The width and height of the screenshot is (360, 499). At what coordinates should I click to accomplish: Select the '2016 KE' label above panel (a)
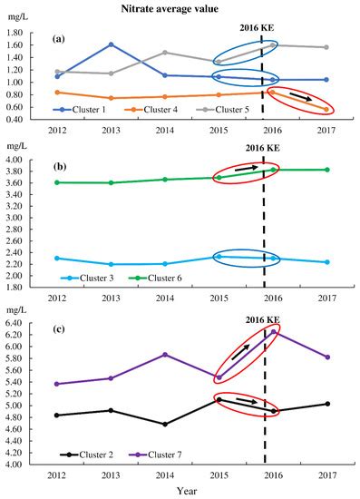click(x=264, y=27)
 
